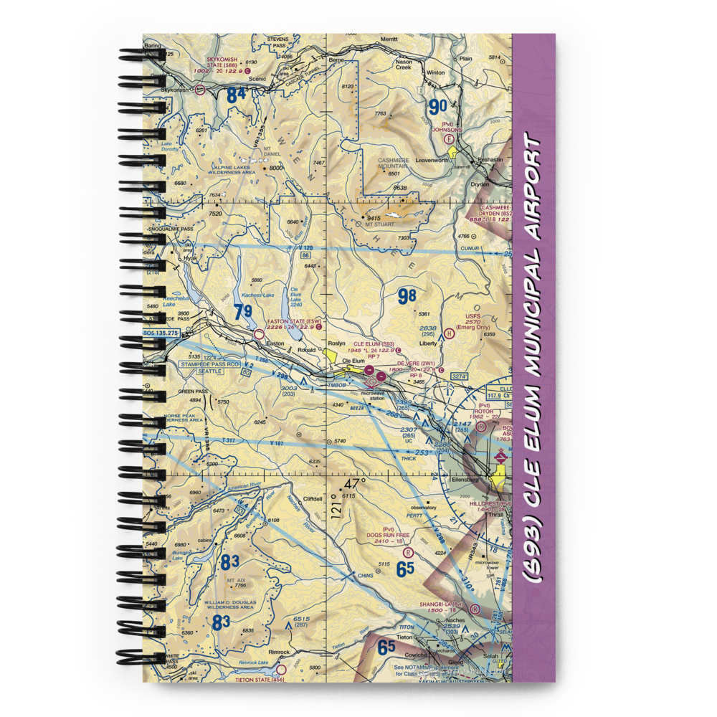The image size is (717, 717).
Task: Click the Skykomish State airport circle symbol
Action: click(x=200, y=90)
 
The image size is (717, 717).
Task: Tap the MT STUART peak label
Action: click(x=380, y=224)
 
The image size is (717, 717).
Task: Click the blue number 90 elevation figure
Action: click(x=437, y=108)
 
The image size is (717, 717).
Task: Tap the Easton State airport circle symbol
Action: click(x=260, y=333)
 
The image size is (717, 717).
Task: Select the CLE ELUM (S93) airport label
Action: click(x=374, y=343)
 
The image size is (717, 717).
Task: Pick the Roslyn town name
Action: click(x=336, y=343)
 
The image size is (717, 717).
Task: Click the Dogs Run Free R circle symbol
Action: click(x=408, y=553)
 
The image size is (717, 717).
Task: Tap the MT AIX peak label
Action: click(x=236, y=581)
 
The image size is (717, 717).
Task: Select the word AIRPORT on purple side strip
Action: click(x=534, y=188)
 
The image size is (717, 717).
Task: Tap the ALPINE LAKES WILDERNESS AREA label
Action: click(x=232, y=171)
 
